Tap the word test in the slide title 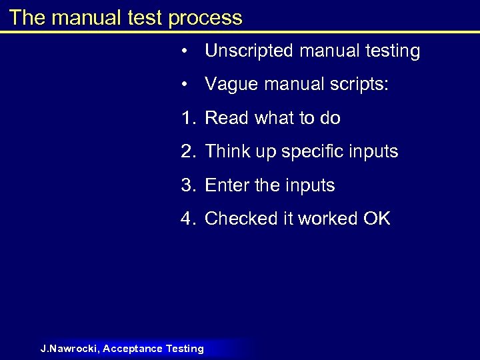(146, 17)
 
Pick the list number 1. (187, 119)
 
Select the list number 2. (187, 152)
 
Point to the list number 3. (187, 185)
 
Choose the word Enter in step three (227, 185)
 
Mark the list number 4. (187, 219)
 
